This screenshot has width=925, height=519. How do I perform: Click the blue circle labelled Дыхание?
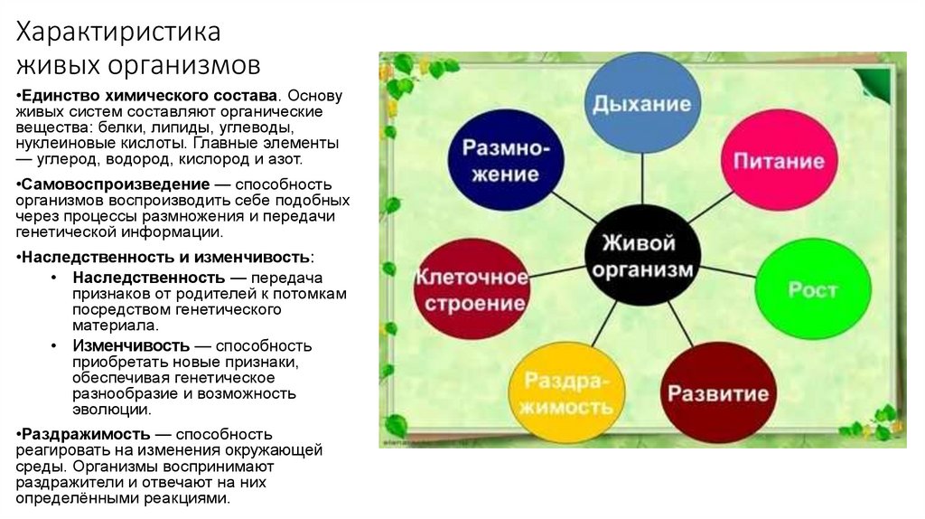(642, 103)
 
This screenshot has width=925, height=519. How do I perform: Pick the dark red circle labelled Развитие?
(718, 393)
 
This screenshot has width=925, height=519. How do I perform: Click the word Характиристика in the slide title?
(120, 33)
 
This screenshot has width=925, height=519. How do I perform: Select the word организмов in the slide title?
(187, 66)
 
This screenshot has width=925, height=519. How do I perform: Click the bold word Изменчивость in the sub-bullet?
(132, 346)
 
